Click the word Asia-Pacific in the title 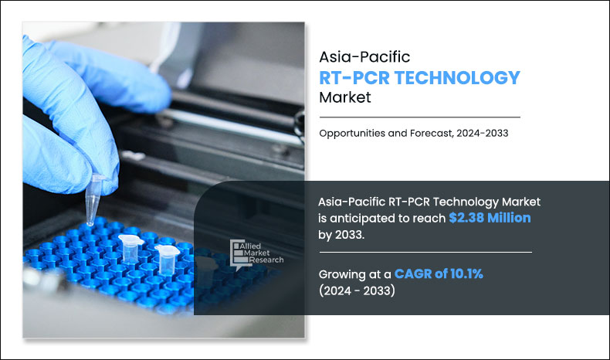click(359, 57)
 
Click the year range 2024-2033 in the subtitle click(480, 133)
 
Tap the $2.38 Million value click(490, 218)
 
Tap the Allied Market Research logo click(256, 253)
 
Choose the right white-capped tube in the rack click(165, 256)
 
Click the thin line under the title click(419, 117)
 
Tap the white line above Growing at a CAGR click(425, 253)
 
